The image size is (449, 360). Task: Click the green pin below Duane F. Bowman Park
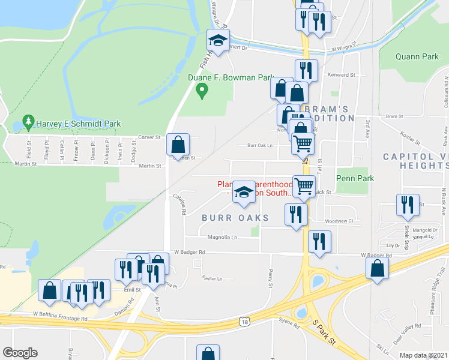202,91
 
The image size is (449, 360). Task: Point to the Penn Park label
355,178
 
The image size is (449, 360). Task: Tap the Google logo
20,353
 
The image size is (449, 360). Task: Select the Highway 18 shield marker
244,322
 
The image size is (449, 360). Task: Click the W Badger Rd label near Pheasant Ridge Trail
376,255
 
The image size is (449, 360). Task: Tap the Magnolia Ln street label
223,237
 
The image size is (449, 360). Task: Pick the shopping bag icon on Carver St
178,145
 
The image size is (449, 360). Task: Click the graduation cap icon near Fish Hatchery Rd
217,41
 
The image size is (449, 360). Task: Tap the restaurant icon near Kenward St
306,70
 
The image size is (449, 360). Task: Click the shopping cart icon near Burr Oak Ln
303,144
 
